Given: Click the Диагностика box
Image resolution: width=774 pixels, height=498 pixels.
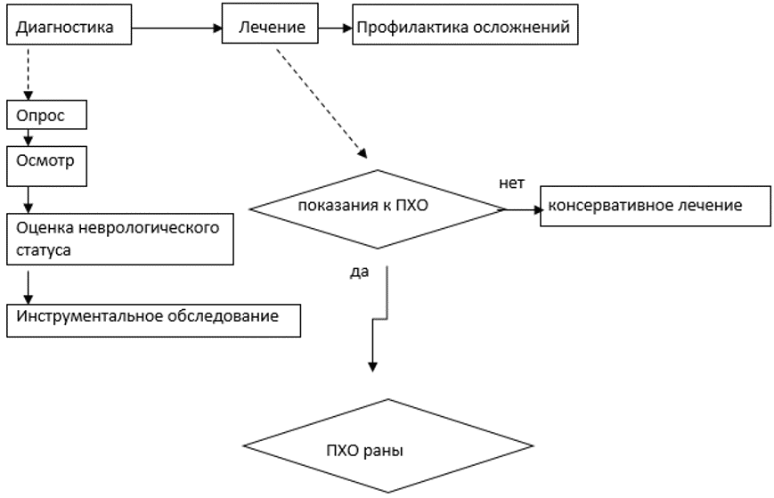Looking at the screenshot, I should pos(68,28).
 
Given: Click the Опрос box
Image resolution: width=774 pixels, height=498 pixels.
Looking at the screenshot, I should pos(47,116).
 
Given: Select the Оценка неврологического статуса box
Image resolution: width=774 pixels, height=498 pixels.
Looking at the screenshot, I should pos(120,238).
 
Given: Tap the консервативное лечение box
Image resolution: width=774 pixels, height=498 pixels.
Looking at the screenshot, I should pos(655,207).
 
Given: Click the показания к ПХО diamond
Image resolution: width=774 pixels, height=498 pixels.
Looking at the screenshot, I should pos(378,209).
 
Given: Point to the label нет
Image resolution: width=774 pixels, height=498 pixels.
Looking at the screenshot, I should pos(511,183).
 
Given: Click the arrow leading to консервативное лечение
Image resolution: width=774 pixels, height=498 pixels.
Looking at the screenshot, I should pos(522,210).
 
